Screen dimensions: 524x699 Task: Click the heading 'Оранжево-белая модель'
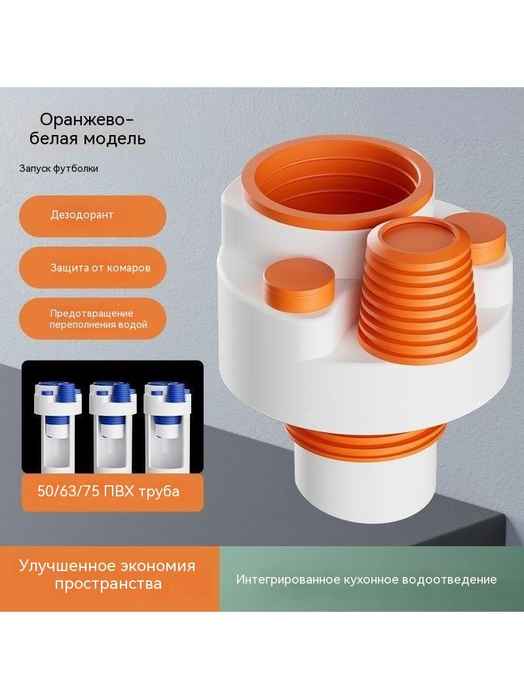(x=88, y=129)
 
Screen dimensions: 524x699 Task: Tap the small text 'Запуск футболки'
(x=59, y=169)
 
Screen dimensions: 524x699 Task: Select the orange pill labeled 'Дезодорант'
(x=92, y=216)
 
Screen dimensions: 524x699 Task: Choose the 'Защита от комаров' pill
(x=92, y=268)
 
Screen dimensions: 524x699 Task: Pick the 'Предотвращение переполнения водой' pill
(x=92, y=319)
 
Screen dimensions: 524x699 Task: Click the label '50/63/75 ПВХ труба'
(x=108, y=491)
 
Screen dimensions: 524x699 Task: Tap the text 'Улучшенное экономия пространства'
(x=107, y=574)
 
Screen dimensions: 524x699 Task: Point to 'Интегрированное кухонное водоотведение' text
(x=366, y=580)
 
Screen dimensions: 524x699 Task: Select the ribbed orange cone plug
(x=418, y=292)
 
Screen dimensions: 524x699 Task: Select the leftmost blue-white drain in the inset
(x=58, y=427)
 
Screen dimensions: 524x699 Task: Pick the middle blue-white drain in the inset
(x=113, y=427)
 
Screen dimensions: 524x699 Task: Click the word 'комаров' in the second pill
(x=128, y=268)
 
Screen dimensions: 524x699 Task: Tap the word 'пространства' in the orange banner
(x=107, y=584)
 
